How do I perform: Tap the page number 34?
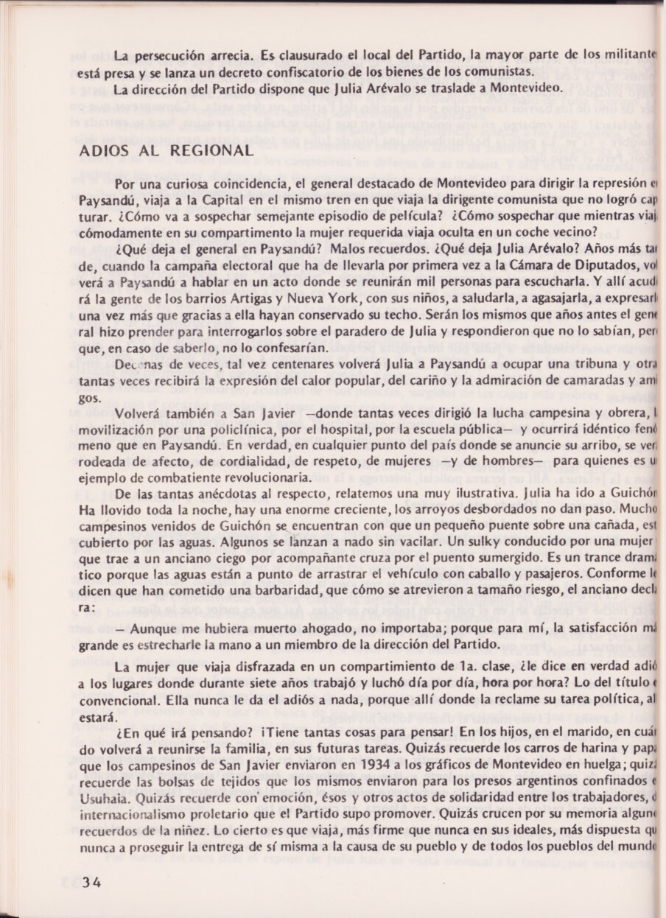pos(92,883)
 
